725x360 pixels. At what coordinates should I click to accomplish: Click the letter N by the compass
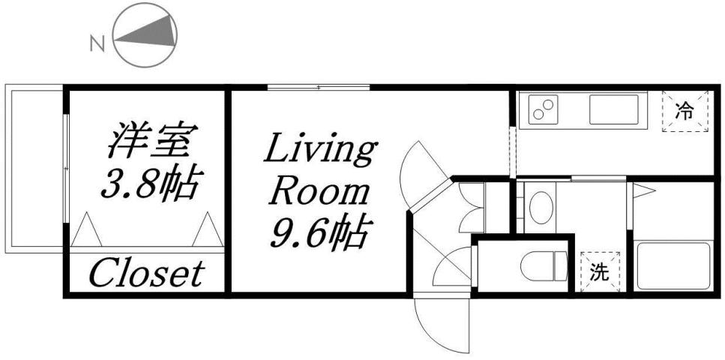click(x=96, y=43)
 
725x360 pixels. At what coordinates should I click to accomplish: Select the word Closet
click(x=146, y=273)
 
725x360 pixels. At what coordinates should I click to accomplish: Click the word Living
click(x=319, y=152)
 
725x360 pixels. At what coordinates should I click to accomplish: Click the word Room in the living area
click(x=319, y=193)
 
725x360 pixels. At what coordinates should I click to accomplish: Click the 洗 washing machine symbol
click(x=599, y=272)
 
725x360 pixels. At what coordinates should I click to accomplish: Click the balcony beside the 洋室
click(x=34, y=169)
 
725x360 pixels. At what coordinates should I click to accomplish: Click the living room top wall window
click(x=319, y=88)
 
